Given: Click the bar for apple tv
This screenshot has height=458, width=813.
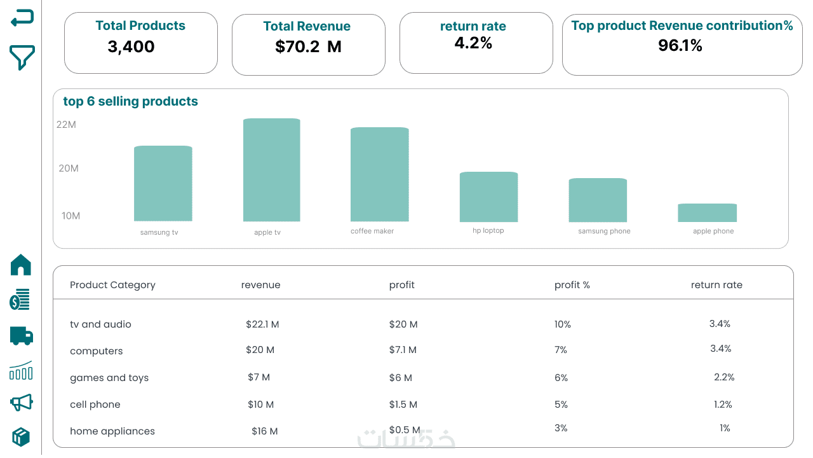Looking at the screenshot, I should tap(271, 170).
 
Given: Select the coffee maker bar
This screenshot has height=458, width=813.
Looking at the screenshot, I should tap(379, 174).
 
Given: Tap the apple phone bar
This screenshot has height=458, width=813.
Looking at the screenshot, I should tap(707, 212).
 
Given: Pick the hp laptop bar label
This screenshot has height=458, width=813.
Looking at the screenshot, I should tap(488, 230).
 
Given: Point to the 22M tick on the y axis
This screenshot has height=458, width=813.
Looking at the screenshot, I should tap(66, 125).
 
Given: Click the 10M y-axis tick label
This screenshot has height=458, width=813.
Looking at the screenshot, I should tap(71, 216).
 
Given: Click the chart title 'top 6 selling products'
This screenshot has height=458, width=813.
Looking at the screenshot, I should tap(130, 101).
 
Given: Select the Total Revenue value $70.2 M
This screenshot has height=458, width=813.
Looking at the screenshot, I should tap(308, 46).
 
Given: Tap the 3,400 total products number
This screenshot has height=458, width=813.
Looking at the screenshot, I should tap(131, 46).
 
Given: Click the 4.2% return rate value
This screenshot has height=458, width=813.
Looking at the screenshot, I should tap(473, 43).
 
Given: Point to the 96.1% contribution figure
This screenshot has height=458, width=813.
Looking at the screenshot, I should tap(680, 45).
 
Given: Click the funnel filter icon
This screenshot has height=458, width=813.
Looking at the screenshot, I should tap(22, 57).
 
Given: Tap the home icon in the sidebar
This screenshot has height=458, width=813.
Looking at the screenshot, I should tap(21, 265).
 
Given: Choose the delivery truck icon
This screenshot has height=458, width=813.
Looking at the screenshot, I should tap(21, 335).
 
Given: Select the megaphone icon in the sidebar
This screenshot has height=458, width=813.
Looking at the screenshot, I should tap(21, 403).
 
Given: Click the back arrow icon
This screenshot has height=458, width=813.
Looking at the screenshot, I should tap(22, 18).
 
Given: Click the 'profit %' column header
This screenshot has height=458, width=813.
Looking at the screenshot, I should tap(572, 285).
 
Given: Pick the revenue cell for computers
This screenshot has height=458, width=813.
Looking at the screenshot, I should tap(260, 350).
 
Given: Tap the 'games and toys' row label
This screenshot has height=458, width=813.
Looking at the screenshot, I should tap(109, 378).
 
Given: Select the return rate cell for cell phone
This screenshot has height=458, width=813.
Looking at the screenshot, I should tap(723, 405).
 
